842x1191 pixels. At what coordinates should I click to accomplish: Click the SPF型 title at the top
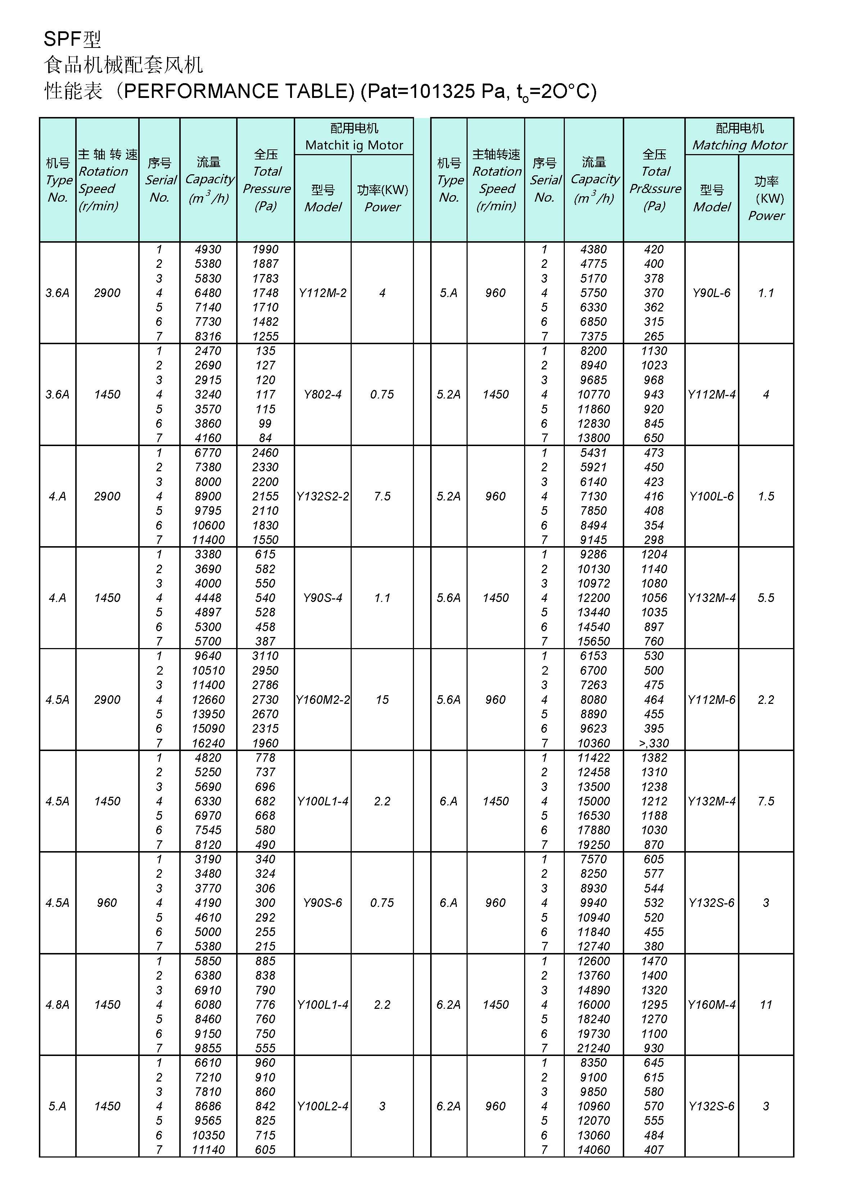pyautogui.click(x=72, y=39)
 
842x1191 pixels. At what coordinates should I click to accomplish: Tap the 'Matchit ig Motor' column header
pyautogui.click(x=354, y=145)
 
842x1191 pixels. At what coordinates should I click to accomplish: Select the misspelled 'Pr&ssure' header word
pyautogui.click(x=655, y=189)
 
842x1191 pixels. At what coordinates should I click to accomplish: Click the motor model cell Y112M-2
pyautogui.click(x=322, y=293)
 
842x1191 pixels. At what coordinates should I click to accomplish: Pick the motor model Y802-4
pyautogui.click(x=322, y=395)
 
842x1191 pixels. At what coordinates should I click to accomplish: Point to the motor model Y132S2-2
pyautogui.click(x=322, y=496)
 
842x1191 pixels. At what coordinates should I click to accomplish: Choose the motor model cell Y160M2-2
pyautogui.click(x=322, y=700)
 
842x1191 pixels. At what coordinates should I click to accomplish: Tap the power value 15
pyautogui.click(x=382, y=700)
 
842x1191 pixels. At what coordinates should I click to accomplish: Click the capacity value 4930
pyautogui.click(x=208, y=250)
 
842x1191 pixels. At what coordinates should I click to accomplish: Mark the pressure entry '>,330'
pyautogui.click(x=654, y=743)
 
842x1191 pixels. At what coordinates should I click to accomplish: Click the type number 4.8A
pyautogui.click(x=57, y=1005)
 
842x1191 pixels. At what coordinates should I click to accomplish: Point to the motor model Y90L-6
pyautogui.click(x=711, y=293)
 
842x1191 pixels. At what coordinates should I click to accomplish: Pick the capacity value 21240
pyautogui.click(x=594, y=1048)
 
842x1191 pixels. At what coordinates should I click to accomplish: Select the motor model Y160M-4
pyautogui.click(x=711, y=1005)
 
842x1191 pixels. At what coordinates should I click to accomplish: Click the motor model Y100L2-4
pyautogui.click(x=322, y=1106)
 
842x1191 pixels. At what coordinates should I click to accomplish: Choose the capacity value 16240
pyautogui.click(x=208, y=743)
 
